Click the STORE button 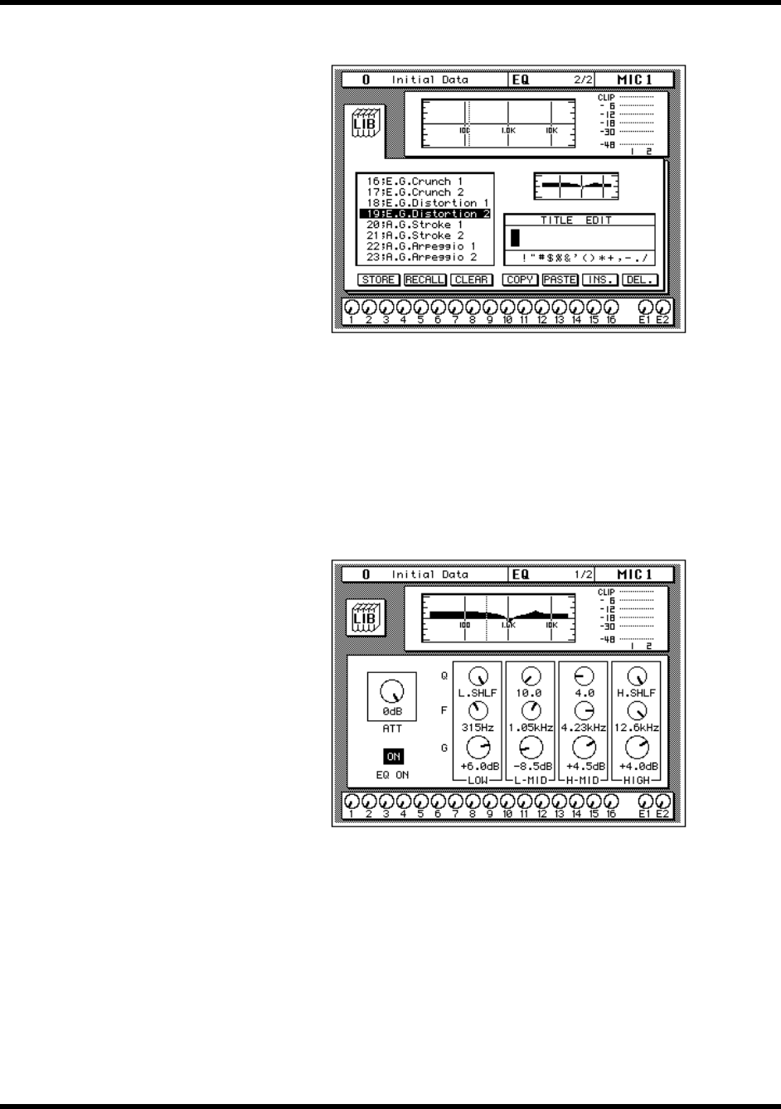click(379, 280)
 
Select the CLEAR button click(472, 280)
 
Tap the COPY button click(521, 280)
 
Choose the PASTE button click(560, 280)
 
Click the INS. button click(599, 280)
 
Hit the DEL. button click(640, 280)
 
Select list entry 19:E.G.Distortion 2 click(425, 214)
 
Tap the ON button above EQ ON click(394, 757)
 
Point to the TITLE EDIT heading click(580, 220)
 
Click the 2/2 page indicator click(584, 80)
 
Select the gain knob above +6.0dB click(478, 748)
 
